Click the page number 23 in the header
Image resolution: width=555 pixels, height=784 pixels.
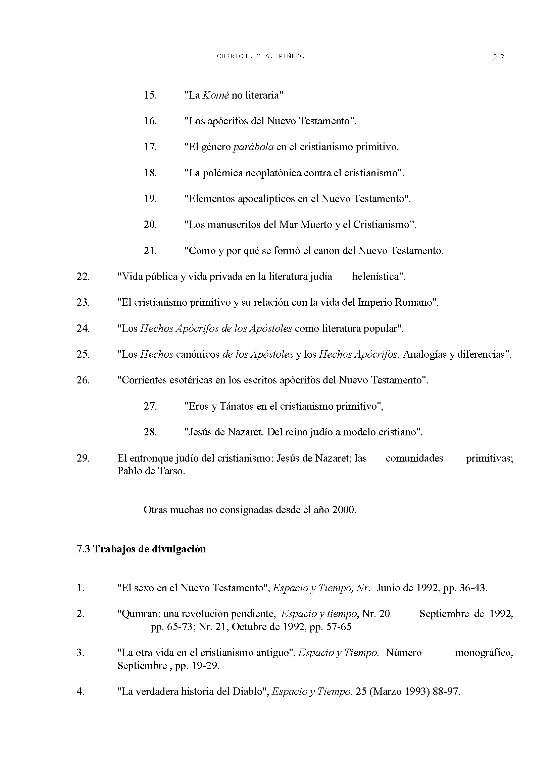click(x=498, y=58)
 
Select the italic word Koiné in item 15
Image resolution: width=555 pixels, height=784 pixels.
click(x=215, y=95)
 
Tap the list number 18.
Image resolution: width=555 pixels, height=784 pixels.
click(x=150, y=173)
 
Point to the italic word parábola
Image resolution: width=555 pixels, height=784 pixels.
click(x=253, y=147)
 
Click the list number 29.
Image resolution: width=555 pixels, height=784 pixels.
click(x=83, y=458)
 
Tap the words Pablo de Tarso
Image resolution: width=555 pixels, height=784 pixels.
click(x=151, y=471)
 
